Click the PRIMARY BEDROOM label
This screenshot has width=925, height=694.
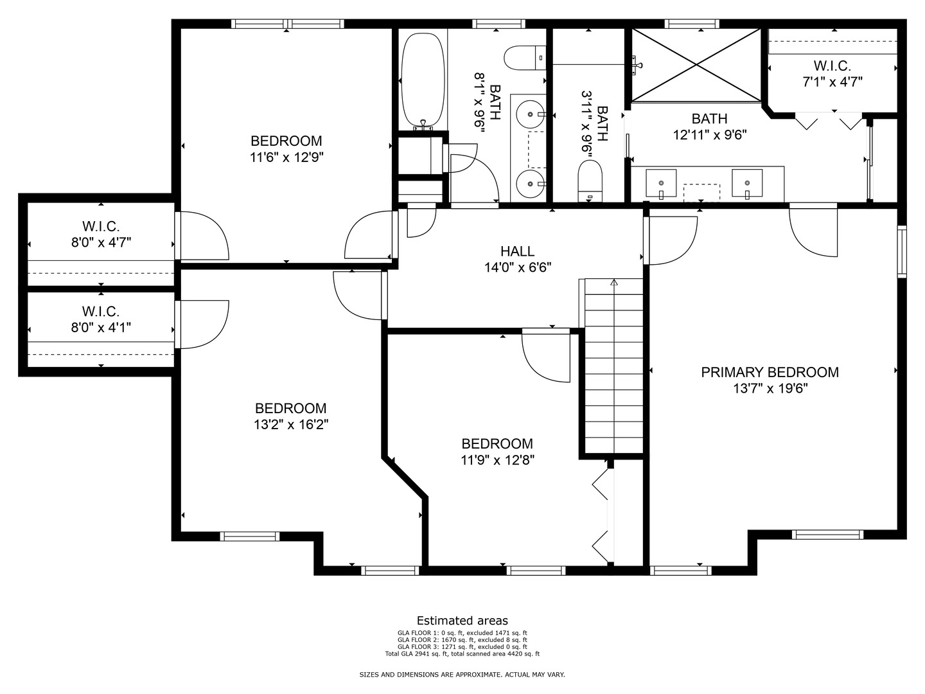click(x=770, y=372)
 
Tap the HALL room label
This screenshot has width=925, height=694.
click(x=518, y=251)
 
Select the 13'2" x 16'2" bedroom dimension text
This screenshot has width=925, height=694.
click(x=291, y=424)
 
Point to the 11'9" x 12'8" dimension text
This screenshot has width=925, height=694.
click(x=497, y=459)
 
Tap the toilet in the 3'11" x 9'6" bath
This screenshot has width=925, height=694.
click(x=590, y=181)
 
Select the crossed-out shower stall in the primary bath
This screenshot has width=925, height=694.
click(x=696, y=66)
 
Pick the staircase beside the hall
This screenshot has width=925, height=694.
click(x=613, y=366)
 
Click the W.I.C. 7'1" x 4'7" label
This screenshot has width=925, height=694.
click(x=833, y=74)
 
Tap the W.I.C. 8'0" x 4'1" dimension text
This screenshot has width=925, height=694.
click(x=101, y=328)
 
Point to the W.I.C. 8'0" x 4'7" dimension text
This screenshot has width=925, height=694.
click(x=101, y=242)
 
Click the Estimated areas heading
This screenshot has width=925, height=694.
click(x=463, y=620)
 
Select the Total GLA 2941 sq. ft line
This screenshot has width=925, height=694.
click(x=463, y=654)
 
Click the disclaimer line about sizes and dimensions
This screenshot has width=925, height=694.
click(x=462, y=675)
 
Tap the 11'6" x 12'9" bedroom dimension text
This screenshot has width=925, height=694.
click(x=286, y=157)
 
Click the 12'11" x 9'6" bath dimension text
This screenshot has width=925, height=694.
click(x=710, y=135)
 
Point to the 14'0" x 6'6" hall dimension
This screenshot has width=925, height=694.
click(x=518, y=267)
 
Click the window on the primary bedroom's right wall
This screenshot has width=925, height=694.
click(x=902, y=251)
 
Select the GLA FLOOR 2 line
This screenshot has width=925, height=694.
click(x=463, y=639)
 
